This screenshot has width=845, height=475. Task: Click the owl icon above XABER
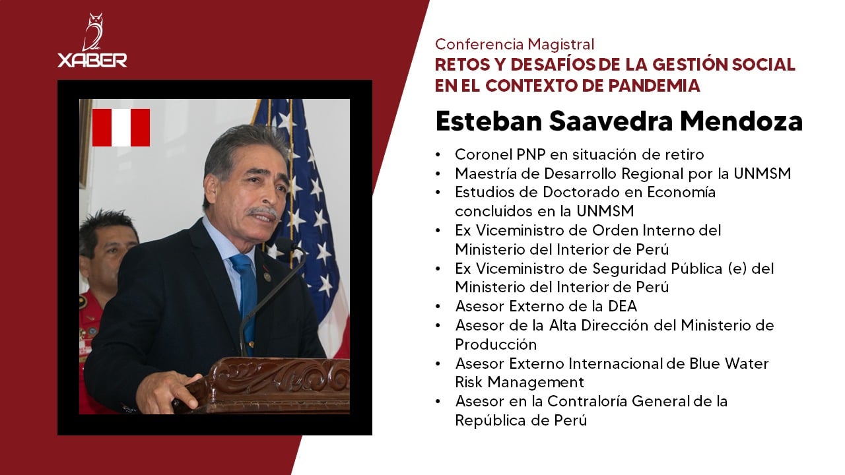(92, 32)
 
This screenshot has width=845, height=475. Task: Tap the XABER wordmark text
(92, 60)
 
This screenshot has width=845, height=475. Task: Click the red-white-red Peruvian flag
(121, 127)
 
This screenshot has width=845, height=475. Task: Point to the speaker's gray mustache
(262, 212)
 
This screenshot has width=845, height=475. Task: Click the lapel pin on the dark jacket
(267, 278)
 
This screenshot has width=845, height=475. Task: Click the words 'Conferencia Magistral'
(514, 44)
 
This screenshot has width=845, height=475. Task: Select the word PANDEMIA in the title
(654, 86)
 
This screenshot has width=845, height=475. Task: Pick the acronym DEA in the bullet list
(623, 306)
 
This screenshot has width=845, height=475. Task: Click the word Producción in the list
(496, 344)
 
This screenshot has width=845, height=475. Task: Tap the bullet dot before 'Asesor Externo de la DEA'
(438, 307)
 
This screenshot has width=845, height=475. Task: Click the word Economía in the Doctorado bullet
(681, 192)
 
